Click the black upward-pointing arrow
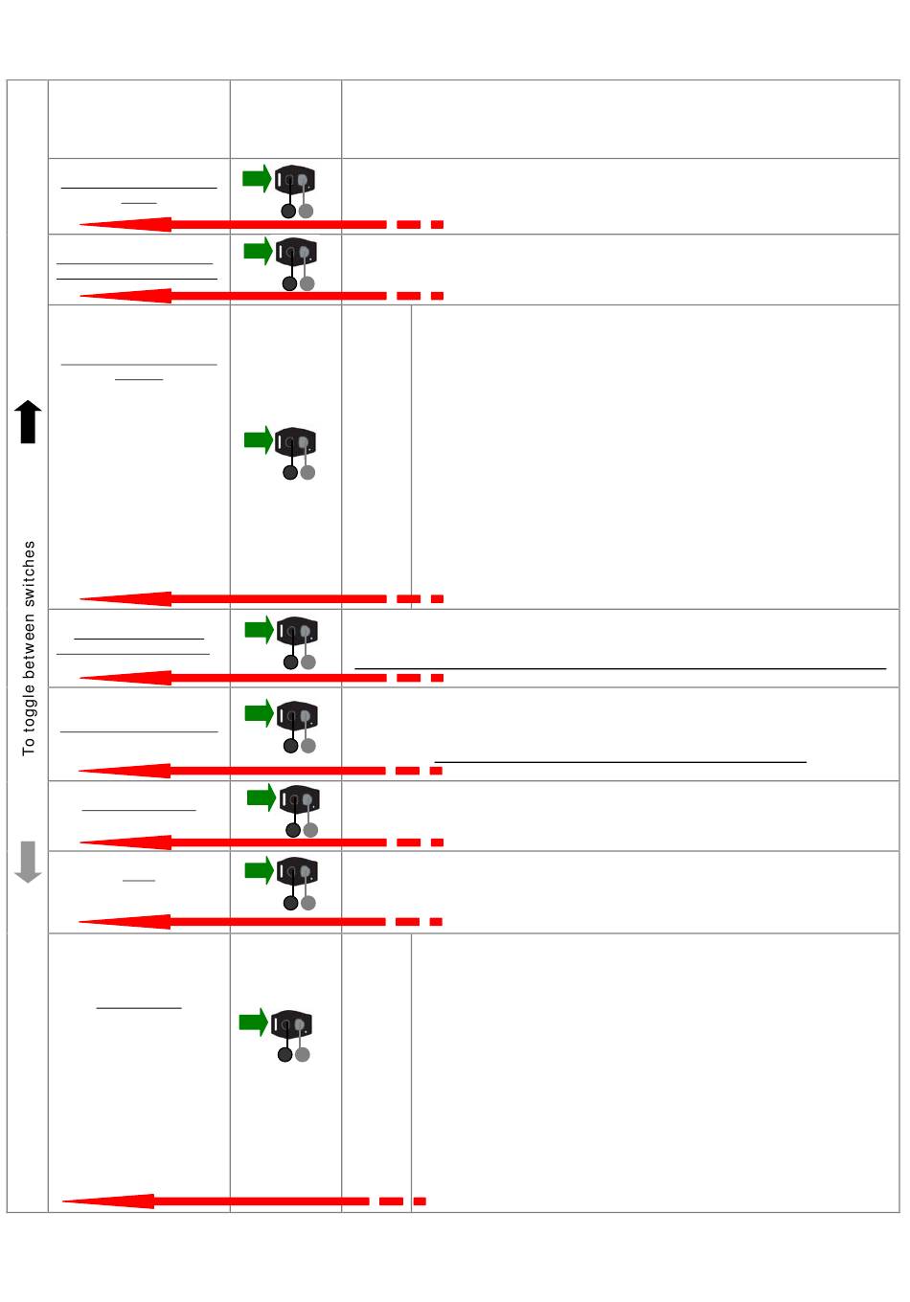coord(29,422)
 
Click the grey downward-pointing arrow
coord(29,862)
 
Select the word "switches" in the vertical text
coord(29,573)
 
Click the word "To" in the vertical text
coord(29,745)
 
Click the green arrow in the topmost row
coord(257,178)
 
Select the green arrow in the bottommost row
coord(253,1021)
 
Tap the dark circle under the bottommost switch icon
coord(284,1054)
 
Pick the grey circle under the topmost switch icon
coord(307,211)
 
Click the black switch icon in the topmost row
coord(295,180)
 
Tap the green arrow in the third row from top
coord(259,440)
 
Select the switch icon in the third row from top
coord(296,442)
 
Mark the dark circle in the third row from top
coord(289,472)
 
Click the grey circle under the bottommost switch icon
coord(303,1054)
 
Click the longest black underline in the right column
coord(620,668)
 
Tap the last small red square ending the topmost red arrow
coord(437,225)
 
